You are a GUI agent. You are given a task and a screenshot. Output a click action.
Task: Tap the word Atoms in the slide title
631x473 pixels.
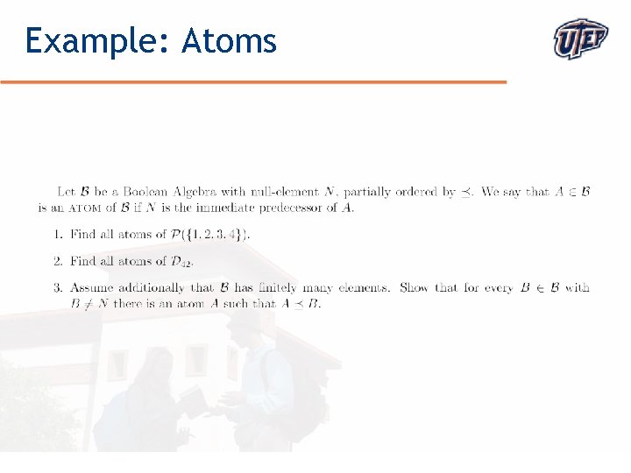[229, 40]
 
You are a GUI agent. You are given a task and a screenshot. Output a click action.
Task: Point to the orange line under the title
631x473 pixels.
[254, 81]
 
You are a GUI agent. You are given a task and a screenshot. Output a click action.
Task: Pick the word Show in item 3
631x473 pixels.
[414, 287]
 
